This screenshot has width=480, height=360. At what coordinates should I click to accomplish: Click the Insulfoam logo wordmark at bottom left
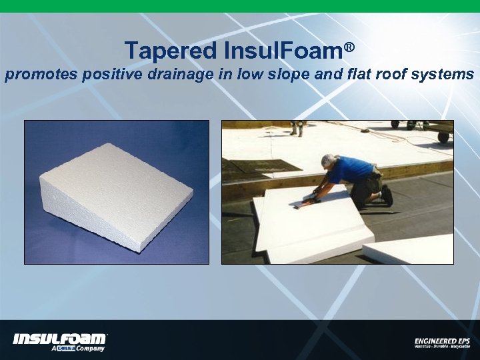coord(59,339)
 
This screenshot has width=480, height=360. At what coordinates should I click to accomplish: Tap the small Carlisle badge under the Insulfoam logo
coord(65,348)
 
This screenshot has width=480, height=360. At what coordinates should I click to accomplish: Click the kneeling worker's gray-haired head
coord(327,161)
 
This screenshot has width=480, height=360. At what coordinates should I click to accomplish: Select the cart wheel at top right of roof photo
coord(442,137)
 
